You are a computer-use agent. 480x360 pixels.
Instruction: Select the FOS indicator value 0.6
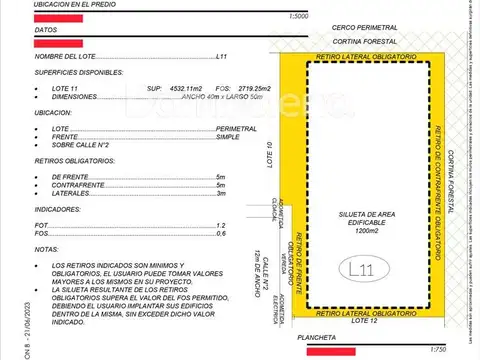(220, 234)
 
